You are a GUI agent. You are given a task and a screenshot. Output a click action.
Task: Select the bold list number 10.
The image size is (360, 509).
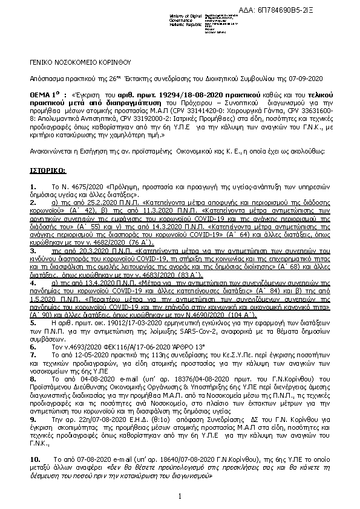[x=35, y=459]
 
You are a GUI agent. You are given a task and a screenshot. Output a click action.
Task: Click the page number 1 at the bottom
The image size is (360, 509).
[x=180, y=496]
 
